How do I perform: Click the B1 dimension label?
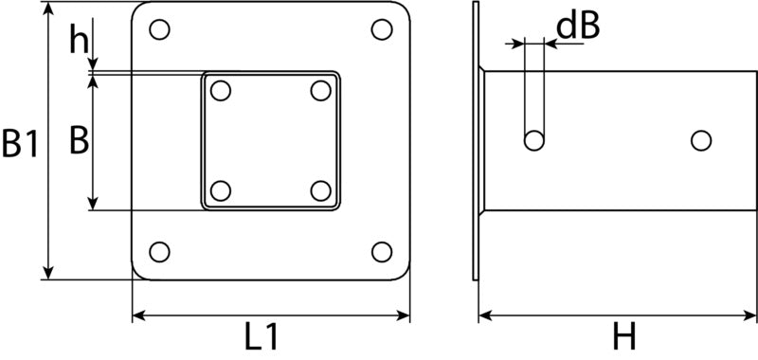[20, 143]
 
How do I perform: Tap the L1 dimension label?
[262, 337]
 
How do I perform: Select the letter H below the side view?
[624, 337]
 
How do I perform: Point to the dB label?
[578, 27]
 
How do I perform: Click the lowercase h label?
[80, 39]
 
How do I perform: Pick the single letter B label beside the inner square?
[80, 140]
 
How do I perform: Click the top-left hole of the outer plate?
[159, 29]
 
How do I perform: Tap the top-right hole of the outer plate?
[382, 29]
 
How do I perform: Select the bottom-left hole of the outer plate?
[159, 252]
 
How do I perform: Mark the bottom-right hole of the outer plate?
[382, 252]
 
